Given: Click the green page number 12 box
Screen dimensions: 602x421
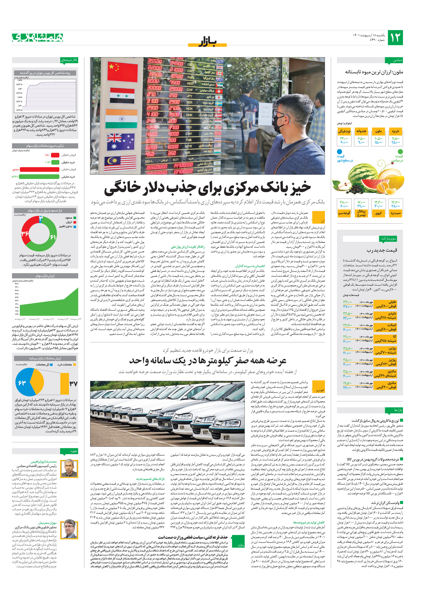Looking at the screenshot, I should point(395,38).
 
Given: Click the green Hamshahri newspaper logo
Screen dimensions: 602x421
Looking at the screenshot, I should point(38,38).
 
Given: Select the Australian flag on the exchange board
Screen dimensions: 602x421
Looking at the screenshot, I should point(121,142).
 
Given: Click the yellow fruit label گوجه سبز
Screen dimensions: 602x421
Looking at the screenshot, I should point(344,213).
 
